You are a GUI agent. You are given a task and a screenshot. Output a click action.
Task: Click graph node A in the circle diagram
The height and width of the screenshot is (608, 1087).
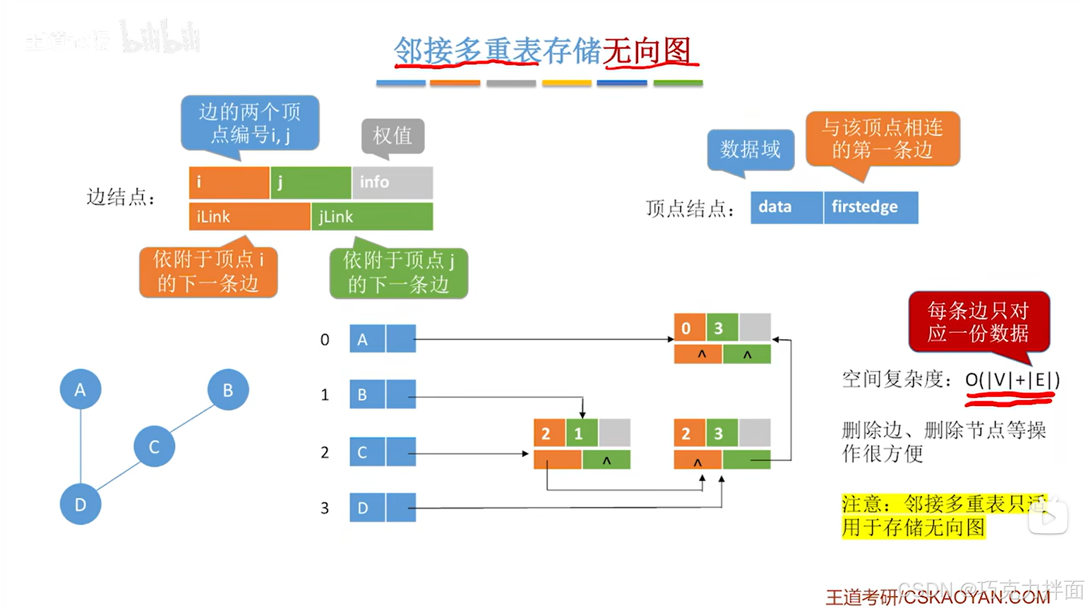tap(81, 389)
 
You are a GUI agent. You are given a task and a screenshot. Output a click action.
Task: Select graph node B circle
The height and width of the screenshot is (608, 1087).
tap(228, 390)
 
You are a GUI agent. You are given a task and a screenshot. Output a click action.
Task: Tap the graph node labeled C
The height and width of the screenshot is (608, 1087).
tap(154, 446)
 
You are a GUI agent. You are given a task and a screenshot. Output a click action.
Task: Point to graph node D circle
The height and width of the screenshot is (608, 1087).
tap(81, 504)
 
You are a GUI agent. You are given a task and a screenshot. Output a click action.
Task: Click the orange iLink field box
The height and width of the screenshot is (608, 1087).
tap(249, 217)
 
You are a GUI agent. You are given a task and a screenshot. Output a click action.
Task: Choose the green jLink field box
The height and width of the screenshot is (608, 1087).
tap(372, 217)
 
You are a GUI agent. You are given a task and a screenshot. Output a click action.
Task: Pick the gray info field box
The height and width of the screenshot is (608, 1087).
tap(392, 182)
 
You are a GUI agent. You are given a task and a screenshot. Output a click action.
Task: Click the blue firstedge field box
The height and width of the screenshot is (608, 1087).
tap(871, 207)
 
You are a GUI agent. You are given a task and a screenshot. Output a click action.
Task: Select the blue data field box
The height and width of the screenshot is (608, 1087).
tap(786, 207)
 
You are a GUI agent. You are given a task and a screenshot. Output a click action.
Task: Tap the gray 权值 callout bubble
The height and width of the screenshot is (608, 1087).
tap(392, 136)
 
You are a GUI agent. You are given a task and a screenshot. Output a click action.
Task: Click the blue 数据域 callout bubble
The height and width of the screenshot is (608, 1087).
tap(750, 150)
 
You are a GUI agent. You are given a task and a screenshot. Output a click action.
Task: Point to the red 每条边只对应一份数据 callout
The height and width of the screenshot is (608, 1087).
tap(978, 322)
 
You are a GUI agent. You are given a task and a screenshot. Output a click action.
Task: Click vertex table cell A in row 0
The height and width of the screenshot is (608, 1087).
tap(367, 339)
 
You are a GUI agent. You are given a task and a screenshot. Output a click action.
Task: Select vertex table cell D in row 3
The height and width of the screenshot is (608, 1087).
tap(367, 508)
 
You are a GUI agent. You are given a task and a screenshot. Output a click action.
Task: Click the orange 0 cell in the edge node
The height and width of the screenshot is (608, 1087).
tap(689, 328)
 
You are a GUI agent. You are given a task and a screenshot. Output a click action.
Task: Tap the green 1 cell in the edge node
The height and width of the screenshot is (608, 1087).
tap(581, 433)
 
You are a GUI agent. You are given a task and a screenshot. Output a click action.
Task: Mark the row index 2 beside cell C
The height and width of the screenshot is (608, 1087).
tap(324, 453)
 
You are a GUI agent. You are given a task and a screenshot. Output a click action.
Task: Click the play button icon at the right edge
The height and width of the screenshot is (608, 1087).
tap(1048, 518)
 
